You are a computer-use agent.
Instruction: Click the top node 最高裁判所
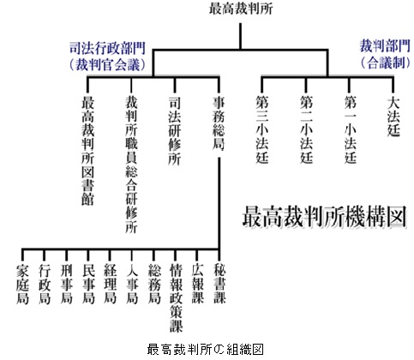(x=241, y=9)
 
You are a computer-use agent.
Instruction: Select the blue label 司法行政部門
(x=108, y=48)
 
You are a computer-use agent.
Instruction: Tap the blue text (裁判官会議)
(x=108, y=64)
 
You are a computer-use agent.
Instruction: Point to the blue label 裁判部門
(x=385, y=46)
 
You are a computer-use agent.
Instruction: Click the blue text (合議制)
(x=385, y=63)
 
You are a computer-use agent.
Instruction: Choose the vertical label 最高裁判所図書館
(x=87, y=151)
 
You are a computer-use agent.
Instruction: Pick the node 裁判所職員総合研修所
(x=131, y=165)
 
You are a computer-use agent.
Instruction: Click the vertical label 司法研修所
(x=175, y=130)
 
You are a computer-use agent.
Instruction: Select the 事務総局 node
(x=219, y=123)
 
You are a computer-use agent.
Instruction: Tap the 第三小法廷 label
(x=261, y=129)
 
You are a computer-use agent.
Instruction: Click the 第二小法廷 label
(x=306, y=129)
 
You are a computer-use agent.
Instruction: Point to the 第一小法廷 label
(x=350, y=129)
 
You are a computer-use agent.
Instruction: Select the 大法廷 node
(x=393, y=117)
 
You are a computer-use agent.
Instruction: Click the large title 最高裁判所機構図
(x=325, y=216)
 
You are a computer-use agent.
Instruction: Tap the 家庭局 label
(x=22, y=285)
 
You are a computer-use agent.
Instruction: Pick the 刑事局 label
(x=66, y=284)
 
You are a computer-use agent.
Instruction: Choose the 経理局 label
(x=110, y=284)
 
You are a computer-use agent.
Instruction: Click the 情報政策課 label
(x=176, y=297)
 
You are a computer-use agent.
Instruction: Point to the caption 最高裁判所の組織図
(x=205, y=349)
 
